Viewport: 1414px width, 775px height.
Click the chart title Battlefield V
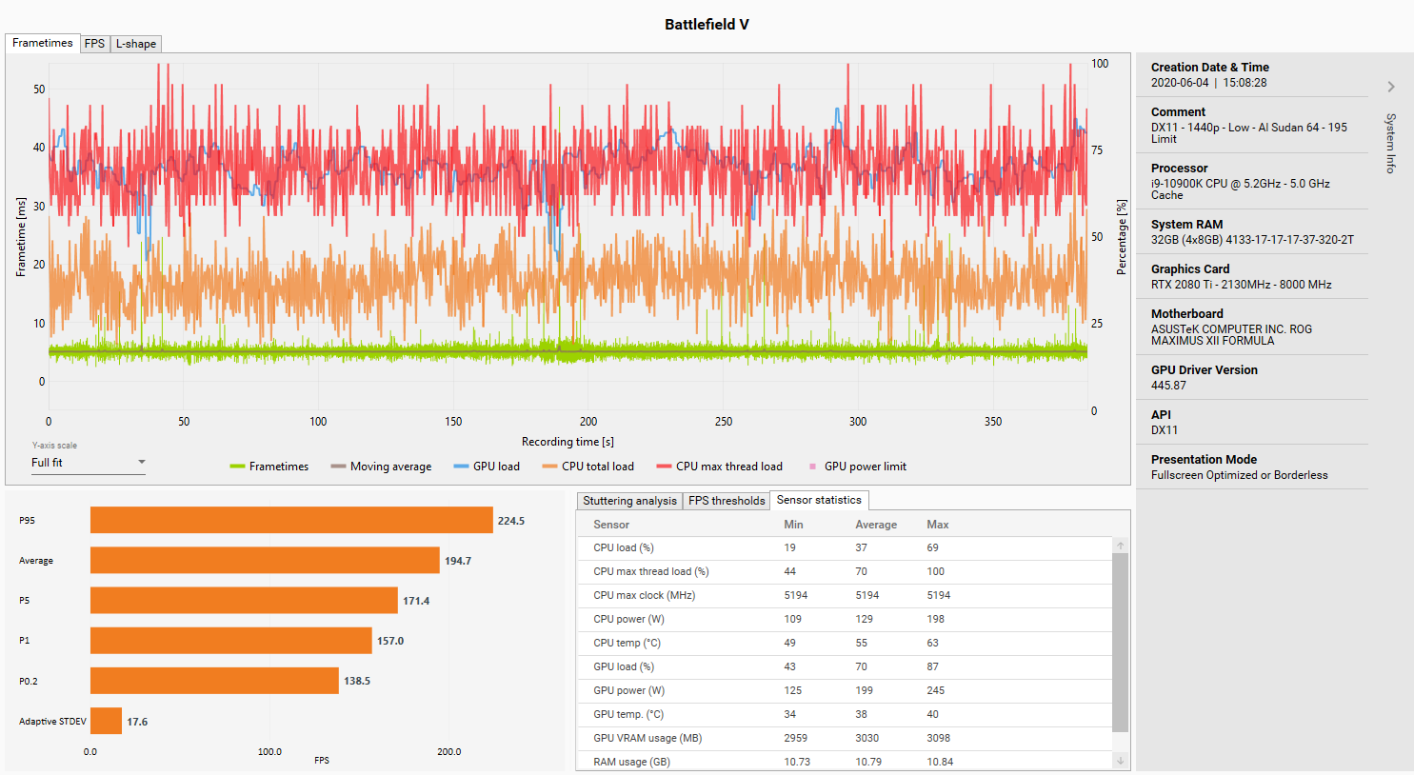click(707, 25)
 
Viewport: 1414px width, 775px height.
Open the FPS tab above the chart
click(94, 44)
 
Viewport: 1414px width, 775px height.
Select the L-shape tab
click(136, 44)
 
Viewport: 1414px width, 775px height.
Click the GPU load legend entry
click(487, 467)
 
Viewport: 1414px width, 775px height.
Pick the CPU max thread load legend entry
click(719, 467)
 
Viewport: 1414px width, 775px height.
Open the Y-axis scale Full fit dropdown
click(89, 463)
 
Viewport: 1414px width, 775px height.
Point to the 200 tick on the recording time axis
click(588, 422)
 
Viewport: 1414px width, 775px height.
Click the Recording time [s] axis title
click(568, 442)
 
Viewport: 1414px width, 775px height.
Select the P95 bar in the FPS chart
click(291, 520)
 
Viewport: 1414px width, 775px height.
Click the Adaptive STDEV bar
click(106, 721)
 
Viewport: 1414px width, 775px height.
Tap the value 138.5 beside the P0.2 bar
click(357, 681)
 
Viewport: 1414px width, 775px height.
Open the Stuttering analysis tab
click(629, 501)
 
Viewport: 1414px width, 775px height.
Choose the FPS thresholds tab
click(727, 501)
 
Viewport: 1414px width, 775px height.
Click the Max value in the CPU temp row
click(932, 643)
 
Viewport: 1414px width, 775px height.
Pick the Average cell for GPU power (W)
click(865, 690)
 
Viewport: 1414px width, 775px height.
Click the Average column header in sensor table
click(876, 525)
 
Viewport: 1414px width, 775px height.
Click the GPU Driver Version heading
click(1204, 369)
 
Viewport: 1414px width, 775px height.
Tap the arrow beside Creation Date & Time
click(1391, 87)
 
